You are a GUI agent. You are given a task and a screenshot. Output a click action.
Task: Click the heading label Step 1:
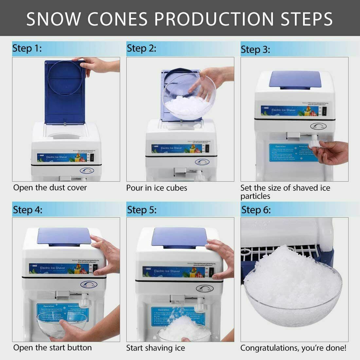27,49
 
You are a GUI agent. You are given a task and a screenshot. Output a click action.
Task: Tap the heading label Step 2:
141,48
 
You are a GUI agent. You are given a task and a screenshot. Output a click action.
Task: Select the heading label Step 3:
255,50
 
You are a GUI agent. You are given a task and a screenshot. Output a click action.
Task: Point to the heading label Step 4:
27,209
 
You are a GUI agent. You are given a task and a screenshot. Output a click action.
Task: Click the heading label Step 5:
142,209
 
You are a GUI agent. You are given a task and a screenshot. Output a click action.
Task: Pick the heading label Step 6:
256,209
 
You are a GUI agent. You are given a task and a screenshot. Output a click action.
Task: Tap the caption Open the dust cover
50,188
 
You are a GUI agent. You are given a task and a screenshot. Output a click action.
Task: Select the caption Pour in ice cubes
157,188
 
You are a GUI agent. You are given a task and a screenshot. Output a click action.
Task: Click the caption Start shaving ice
156,348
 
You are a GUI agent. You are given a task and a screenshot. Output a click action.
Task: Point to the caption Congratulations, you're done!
293,348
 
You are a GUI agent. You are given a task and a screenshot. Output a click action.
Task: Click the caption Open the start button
52,348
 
